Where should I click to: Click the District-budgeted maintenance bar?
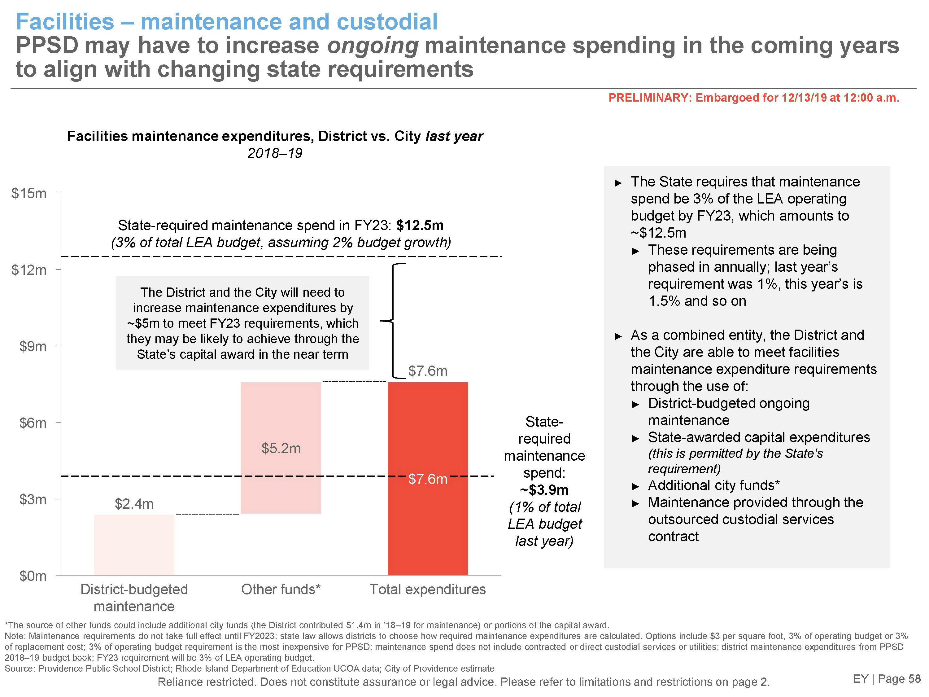(x=134, y=545)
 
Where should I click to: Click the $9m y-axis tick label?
(x=33, y=347)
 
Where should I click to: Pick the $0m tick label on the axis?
(x=33, y=576)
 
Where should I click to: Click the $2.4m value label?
(x=134, y=504)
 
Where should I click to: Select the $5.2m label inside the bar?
(x=281, y=448)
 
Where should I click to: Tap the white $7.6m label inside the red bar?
(x=428, y=479)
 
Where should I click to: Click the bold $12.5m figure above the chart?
(x=420, y=226)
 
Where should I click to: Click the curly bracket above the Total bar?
(x=394, y=322)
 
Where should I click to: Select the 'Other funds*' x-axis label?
(x=281, y=590)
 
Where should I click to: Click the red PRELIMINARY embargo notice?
(x=754, y=98)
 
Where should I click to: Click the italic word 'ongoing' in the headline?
(x=372, y=45)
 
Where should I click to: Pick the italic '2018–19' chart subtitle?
(x=275, y=153)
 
